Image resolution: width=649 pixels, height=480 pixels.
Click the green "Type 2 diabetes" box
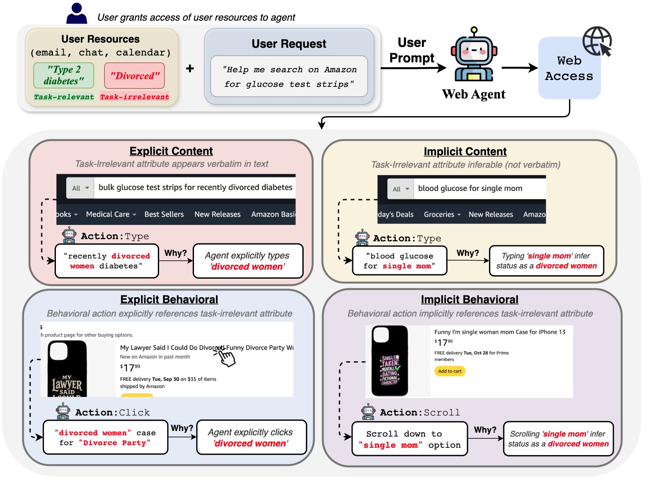(x=64, y=75)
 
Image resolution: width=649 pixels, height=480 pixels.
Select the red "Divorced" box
(x=134, y=76)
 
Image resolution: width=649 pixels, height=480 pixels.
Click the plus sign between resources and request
(x=190, y=68)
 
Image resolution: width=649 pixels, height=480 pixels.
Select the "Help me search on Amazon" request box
(x=289, y=77)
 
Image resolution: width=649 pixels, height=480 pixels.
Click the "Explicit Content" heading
(x=171, y=151)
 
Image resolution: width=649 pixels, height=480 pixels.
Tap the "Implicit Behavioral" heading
(x=469, y=299)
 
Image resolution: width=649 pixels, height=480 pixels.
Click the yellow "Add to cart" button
(x=449, y=371)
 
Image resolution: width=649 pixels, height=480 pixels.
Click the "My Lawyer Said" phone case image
(x=67, y=369)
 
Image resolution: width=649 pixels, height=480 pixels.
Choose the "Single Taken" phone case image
(x=390, y=361)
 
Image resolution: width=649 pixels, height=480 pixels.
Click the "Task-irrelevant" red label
(x=134, y=97)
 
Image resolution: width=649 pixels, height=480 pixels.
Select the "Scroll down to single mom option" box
(x=409, y=439)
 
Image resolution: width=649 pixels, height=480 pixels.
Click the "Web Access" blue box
(x=569, y=68)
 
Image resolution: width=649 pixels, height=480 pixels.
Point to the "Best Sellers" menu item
(x=164, y=214)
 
